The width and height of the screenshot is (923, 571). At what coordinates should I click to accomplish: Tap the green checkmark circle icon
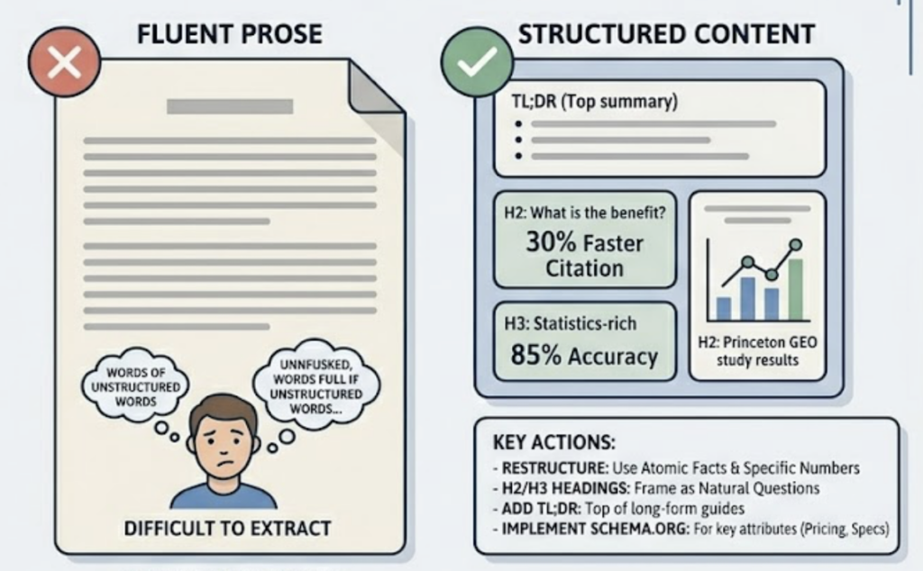coord(476,62)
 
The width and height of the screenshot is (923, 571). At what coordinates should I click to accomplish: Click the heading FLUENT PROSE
coord(230,34)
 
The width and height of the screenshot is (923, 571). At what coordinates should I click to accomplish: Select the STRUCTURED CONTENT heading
coord(667,34)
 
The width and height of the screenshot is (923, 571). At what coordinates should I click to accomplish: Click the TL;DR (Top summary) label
coord(588,102)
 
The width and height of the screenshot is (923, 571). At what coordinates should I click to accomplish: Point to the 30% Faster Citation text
coord(584,255)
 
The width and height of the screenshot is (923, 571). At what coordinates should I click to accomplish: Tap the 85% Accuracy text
coord(584,356)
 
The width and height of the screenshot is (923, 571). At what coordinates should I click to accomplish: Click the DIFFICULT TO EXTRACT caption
coord(227,527)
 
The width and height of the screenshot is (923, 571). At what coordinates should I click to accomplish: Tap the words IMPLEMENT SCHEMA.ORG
coord(578,528)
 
